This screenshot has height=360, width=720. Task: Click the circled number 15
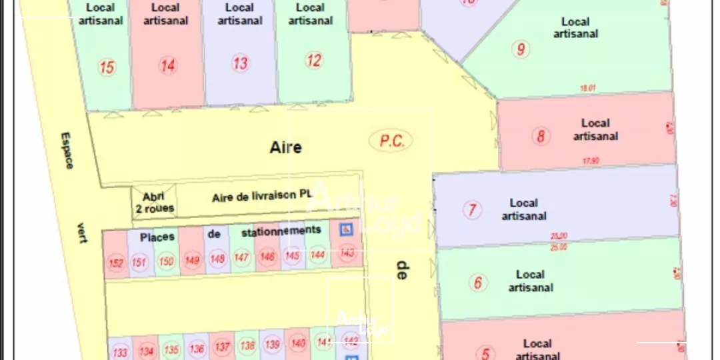click(x=107, y=67)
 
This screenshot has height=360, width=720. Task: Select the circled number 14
click(x=168, y=66)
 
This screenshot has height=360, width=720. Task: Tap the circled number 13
click(x=241, y=63)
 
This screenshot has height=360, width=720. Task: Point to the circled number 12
click(x=314, y=60)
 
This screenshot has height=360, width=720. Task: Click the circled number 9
click(x=521, y=49)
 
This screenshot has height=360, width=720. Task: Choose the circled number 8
click(x=541, y=137)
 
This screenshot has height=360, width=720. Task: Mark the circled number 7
click(x=472, y=210)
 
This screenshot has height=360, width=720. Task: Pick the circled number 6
click(x=477, y=283)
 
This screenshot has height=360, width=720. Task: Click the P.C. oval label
click(x=391, y=141)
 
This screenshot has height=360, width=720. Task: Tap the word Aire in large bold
click(x=286, y=147)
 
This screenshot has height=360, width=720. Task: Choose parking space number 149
click(x=192, y=260)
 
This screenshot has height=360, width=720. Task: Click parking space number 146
click(x=268, y=257)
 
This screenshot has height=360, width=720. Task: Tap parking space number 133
click(x=121, y=353)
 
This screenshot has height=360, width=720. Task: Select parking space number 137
click(x=221, y=347)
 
